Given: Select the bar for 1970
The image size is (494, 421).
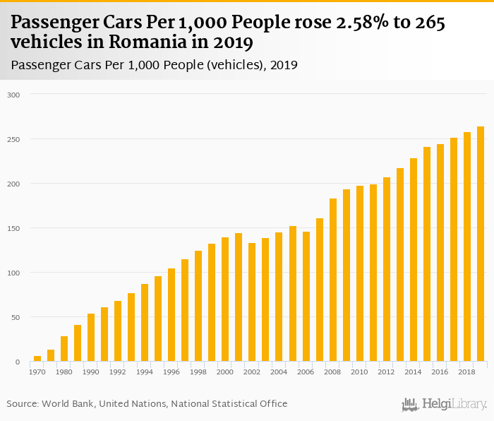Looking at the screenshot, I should (37, 359).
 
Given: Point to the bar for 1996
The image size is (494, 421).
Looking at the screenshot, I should (171, 315).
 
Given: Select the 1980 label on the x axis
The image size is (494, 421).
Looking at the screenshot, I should (64, 372).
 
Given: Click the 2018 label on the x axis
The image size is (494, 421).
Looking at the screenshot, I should (467, 372).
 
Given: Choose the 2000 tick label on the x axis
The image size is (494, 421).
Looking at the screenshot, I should (225, 372).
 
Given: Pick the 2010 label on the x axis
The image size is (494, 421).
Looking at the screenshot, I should (360, 372).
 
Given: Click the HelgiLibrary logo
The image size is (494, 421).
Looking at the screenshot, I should (445, 404).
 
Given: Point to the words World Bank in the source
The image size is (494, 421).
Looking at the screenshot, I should (67, 404).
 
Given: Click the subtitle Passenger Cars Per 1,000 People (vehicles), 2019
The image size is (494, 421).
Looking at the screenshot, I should (155, 65).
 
